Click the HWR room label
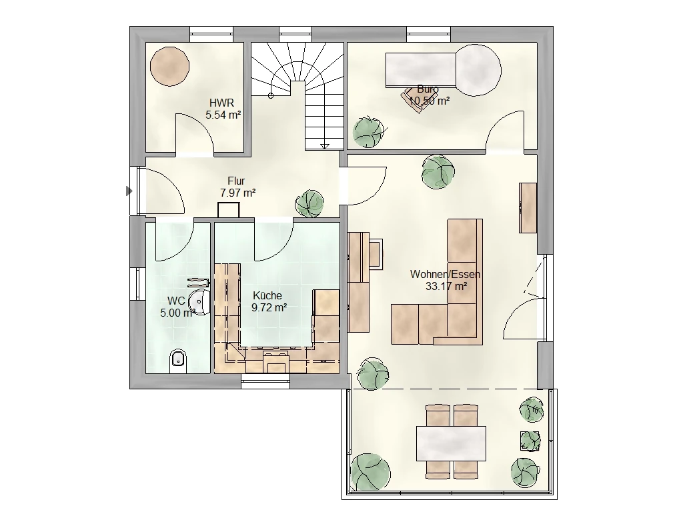221,103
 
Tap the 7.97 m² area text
238,193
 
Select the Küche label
267,295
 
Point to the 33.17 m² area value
446,287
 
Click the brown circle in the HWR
170,66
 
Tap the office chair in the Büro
414,99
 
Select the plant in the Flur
309,203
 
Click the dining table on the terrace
451,443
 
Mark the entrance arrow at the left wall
129,191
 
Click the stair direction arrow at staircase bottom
325,146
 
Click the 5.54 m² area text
223,115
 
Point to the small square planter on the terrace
530,440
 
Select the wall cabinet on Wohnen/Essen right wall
528,208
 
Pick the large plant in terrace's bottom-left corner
370,472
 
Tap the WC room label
176,301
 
